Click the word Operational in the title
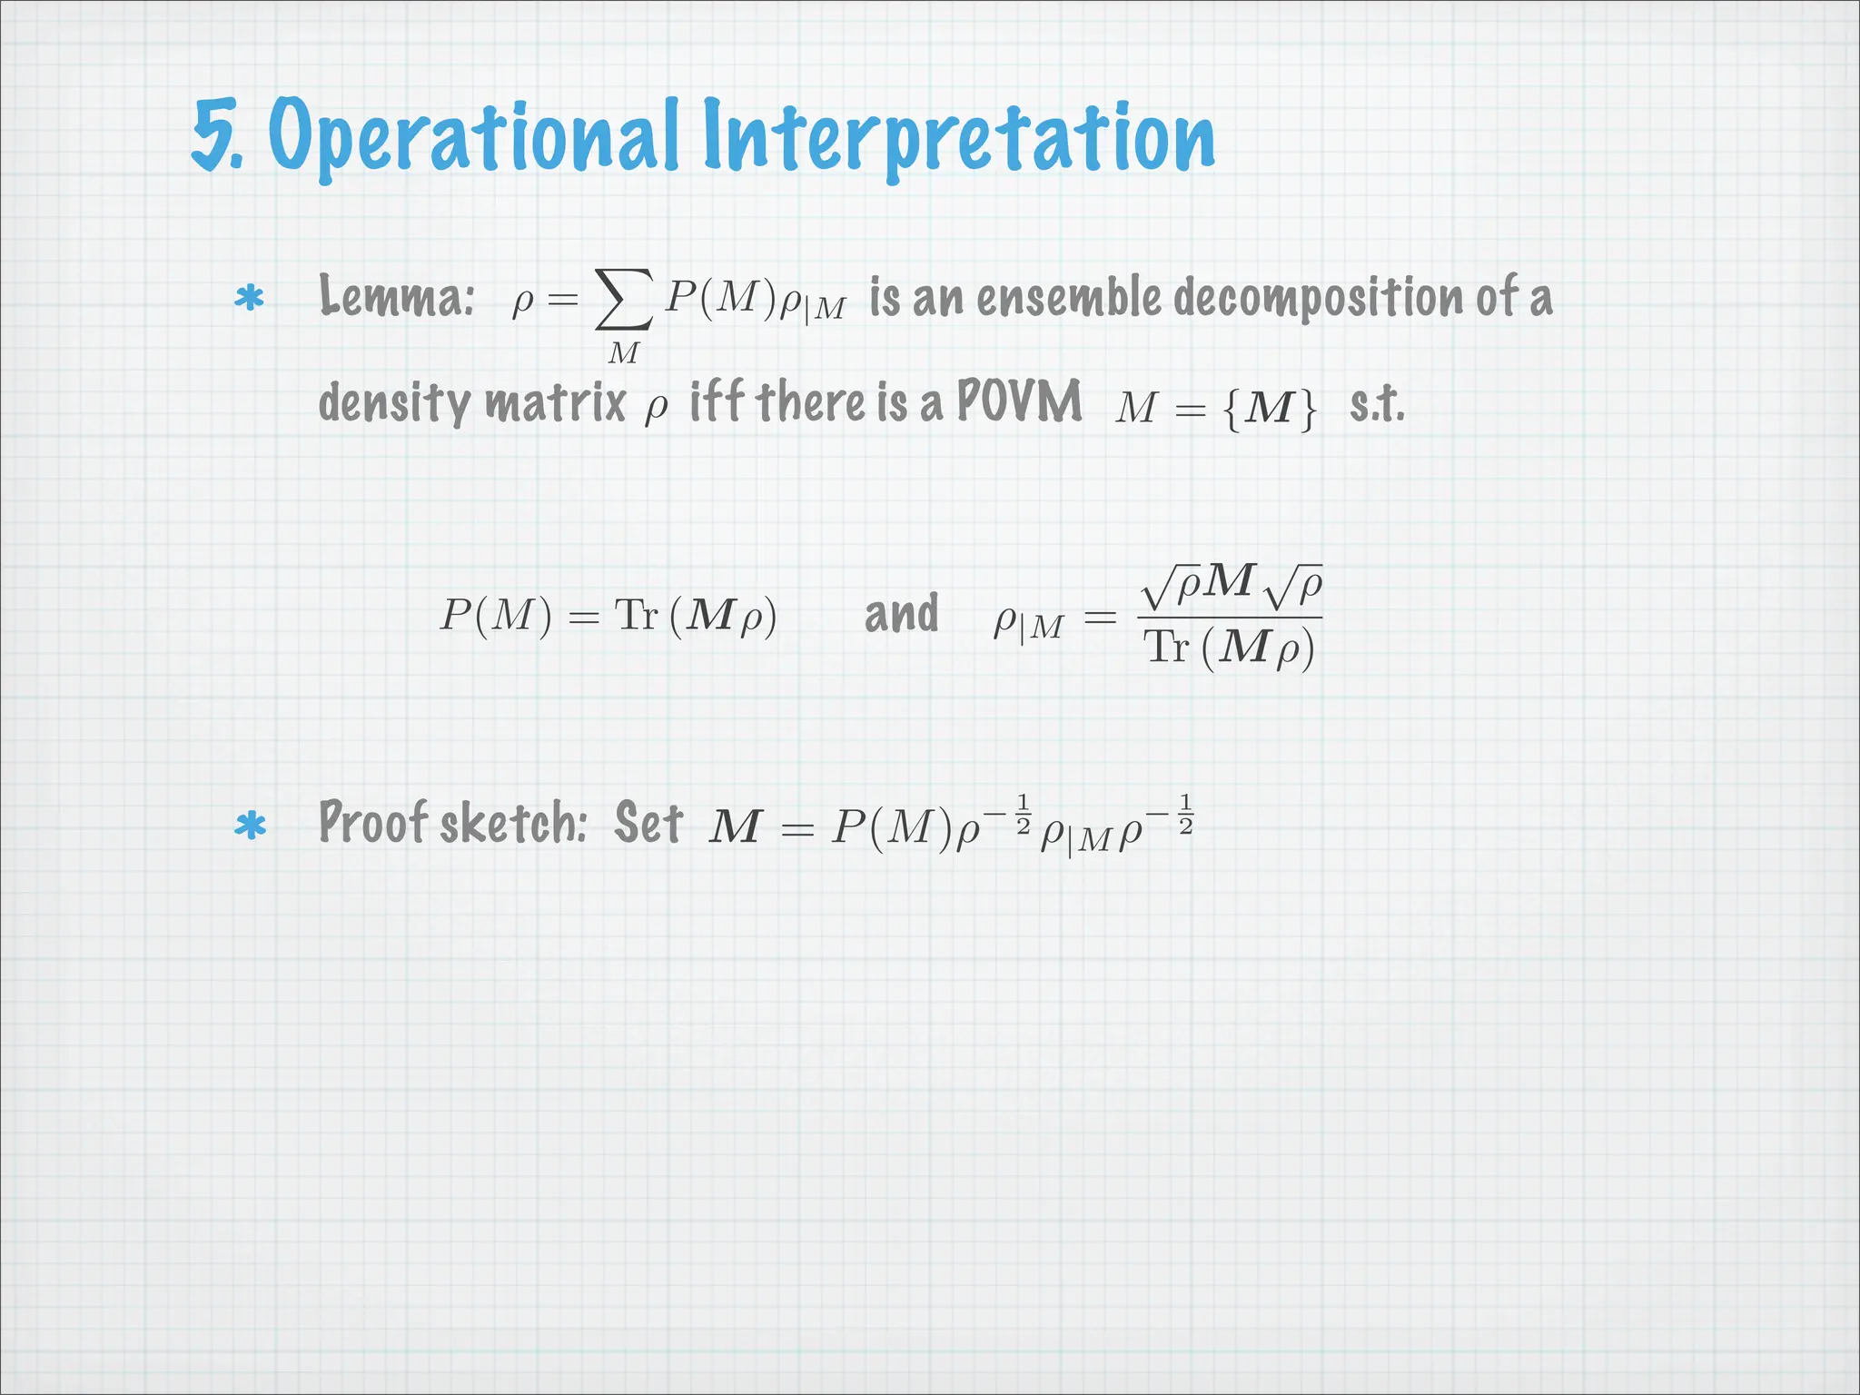(473, 136)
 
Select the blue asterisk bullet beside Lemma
(249, 299)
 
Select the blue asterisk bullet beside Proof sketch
(249, 826)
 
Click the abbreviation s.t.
(1377, 404)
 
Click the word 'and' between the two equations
(901, 614)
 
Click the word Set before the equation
(648, 823)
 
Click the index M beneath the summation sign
(623, 352)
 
